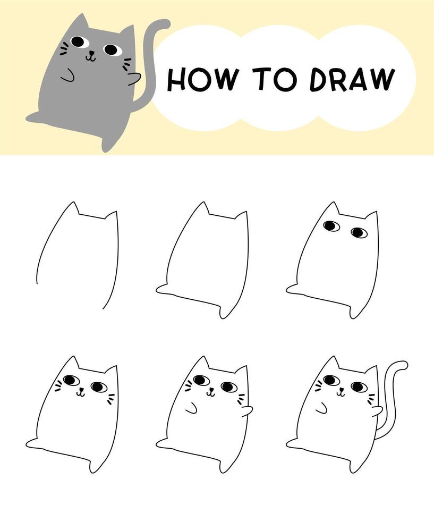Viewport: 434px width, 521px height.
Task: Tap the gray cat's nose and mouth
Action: [x=91, y=55]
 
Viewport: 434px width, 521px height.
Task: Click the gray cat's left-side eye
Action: [x=78, y=41]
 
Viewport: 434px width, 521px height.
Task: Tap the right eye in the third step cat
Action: [x=359, y=232]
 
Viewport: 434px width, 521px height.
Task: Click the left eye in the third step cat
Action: [x=331, y=226]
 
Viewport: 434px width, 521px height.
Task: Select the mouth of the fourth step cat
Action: [x=80, y=393]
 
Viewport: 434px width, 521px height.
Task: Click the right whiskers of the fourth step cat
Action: [x=110, y=399]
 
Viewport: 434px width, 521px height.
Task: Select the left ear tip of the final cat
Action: [x=334, y=358]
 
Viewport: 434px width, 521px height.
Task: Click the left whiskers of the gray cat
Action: [x=64, y=49]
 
